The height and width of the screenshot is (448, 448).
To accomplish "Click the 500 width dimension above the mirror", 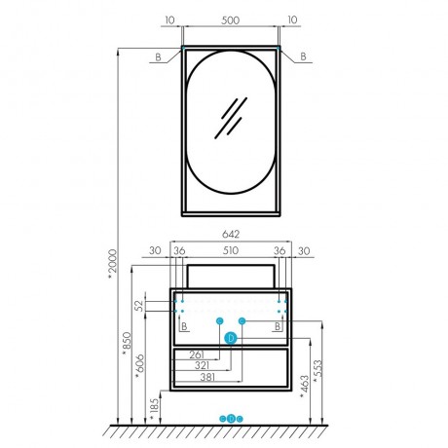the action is (x=231, y=20).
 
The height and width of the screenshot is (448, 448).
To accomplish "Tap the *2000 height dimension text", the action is (x=112, y=264).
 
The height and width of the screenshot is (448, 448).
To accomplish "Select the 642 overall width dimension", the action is (x=231, y=234).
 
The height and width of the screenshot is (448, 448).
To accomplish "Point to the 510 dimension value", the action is (x=231, y=250).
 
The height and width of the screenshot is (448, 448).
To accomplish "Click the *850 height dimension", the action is (x=128, y=343).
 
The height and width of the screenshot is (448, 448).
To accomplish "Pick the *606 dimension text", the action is (x=140, y=366).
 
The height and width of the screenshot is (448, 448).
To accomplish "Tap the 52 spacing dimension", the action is (x=139, y=306).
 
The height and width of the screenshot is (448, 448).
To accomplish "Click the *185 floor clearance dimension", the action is (x=155, y=409).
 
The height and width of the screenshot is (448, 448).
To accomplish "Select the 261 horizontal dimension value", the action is (x=197, y=355).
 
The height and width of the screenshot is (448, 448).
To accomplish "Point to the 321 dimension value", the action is (x=202, y=365).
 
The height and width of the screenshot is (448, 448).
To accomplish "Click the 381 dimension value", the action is (x=207, y=377).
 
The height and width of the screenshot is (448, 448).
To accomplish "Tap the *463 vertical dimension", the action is (x=305, y=387).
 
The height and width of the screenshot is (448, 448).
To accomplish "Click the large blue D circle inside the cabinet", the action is (x=231, y=338).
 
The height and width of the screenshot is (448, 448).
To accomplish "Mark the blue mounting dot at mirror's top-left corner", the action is (x=183, y=48).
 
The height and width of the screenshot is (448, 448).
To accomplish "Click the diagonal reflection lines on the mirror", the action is (x=231, y=118).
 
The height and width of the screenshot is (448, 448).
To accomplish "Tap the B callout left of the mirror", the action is (x=158, y=57).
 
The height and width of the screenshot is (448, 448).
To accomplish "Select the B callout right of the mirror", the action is (x=303, y=56).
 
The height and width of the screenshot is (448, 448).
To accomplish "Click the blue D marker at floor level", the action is (x=231, y=419).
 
